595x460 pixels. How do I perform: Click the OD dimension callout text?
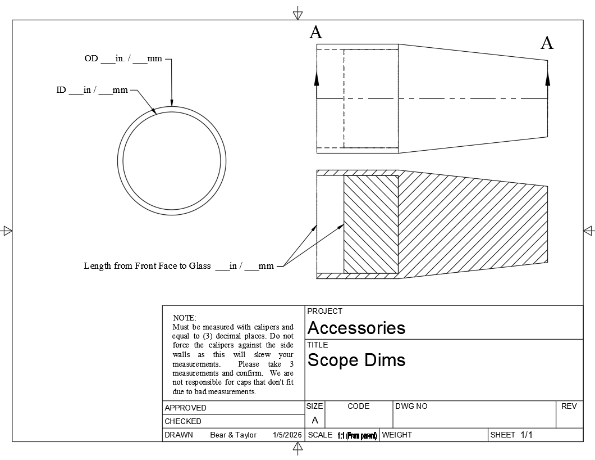pyautogui.click(x=123, y=58)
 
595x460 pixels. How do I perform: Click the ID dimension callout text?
pyautogui.click(x=92, y=90)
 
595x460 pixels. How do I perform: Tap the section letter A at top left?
pyautogui.click(x=315, y=33)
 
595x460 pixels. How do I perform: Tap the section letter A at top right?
pyautogui.click(x=547, y=43)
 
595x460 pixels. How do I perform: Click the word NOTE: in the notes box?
pyautogui.click(x=184, y=318)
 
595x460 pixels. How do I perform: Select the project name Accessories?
pyautogui.click(x=356, y=328)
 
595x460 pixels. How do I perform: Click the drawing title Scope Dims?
pyautogui.click(x=356, y=360)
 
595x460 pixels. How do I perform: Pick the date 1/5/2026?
pyautogui.click(x=287, y=435)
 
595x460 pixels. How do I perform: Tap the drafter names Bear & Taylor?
pyautogui.click(x=233, y=435)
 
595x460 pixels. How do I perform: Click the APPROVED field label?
pyautogui.click(x=185, y=408)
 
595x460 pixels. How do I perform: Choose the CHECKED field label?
pyautogui.click(x=182, y=421)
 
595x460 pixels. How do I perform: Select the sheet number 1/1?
pyautogui.click(x=526, y=435)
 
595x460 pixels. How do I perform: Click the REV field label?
pyautogui.click(x=569, y=406)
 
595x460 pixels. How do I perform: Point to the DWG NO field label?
pyautogui.click(x=411, y=406)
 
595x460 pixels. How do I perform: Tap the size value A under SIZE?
pyautogui.click(x=314, y=420)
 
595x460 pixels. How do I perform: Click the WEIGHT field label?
pyautogui.click(x=396, y=435)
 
